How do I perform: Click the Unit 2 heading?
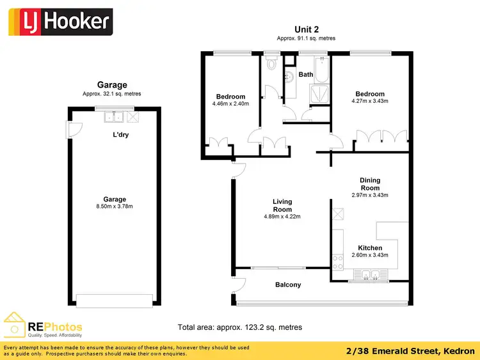[x=306, y=29]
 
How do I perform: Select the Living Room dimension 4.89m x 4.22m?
[x=282, y=217]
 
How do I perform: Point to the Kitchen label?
[x=370, y=248]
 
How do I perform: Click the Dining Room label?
[x=370, y=184]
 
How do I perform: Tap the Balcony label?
[x=288, y=285]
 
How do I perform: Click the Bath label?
[x=306, y=75]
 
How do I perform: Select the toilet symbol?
[x=271, y=63]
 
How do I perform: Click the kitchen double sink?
[x=370, y=276]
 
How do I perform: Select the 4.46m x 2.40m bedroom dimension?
[x=230, y=104]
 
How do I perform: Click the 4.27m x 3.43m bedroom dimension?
[x=370, y=100]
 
